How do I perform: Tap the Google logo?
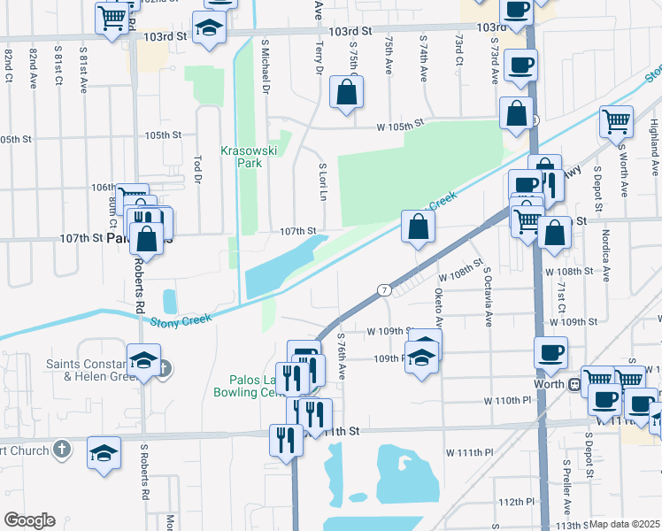(x=29, y=520)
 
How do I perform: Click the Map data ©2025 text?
(x=624, y=524)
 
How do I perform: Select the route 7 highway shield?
(x=383, y=289)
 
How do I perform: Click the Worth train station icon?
(x=573, y=384)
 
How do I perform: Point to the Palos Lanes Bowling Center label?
(x=250, y=386)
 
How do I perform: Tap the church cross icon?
(x=61, y=448)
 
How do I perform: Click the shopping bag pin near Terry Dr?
(x=346, y=92)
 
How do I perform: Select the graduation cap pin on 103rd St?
(x=209, y=28)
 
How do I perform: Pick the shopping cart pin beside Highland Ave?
(x=616, y=122)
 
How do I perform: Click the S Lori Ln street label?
(x=323, y=181)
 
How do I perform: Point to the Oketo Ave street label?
(x=437, y=305)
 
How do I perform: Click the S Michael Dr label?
(x=265, y=64)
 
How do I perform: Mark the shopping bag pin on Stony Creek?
(x=417, y=226)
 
